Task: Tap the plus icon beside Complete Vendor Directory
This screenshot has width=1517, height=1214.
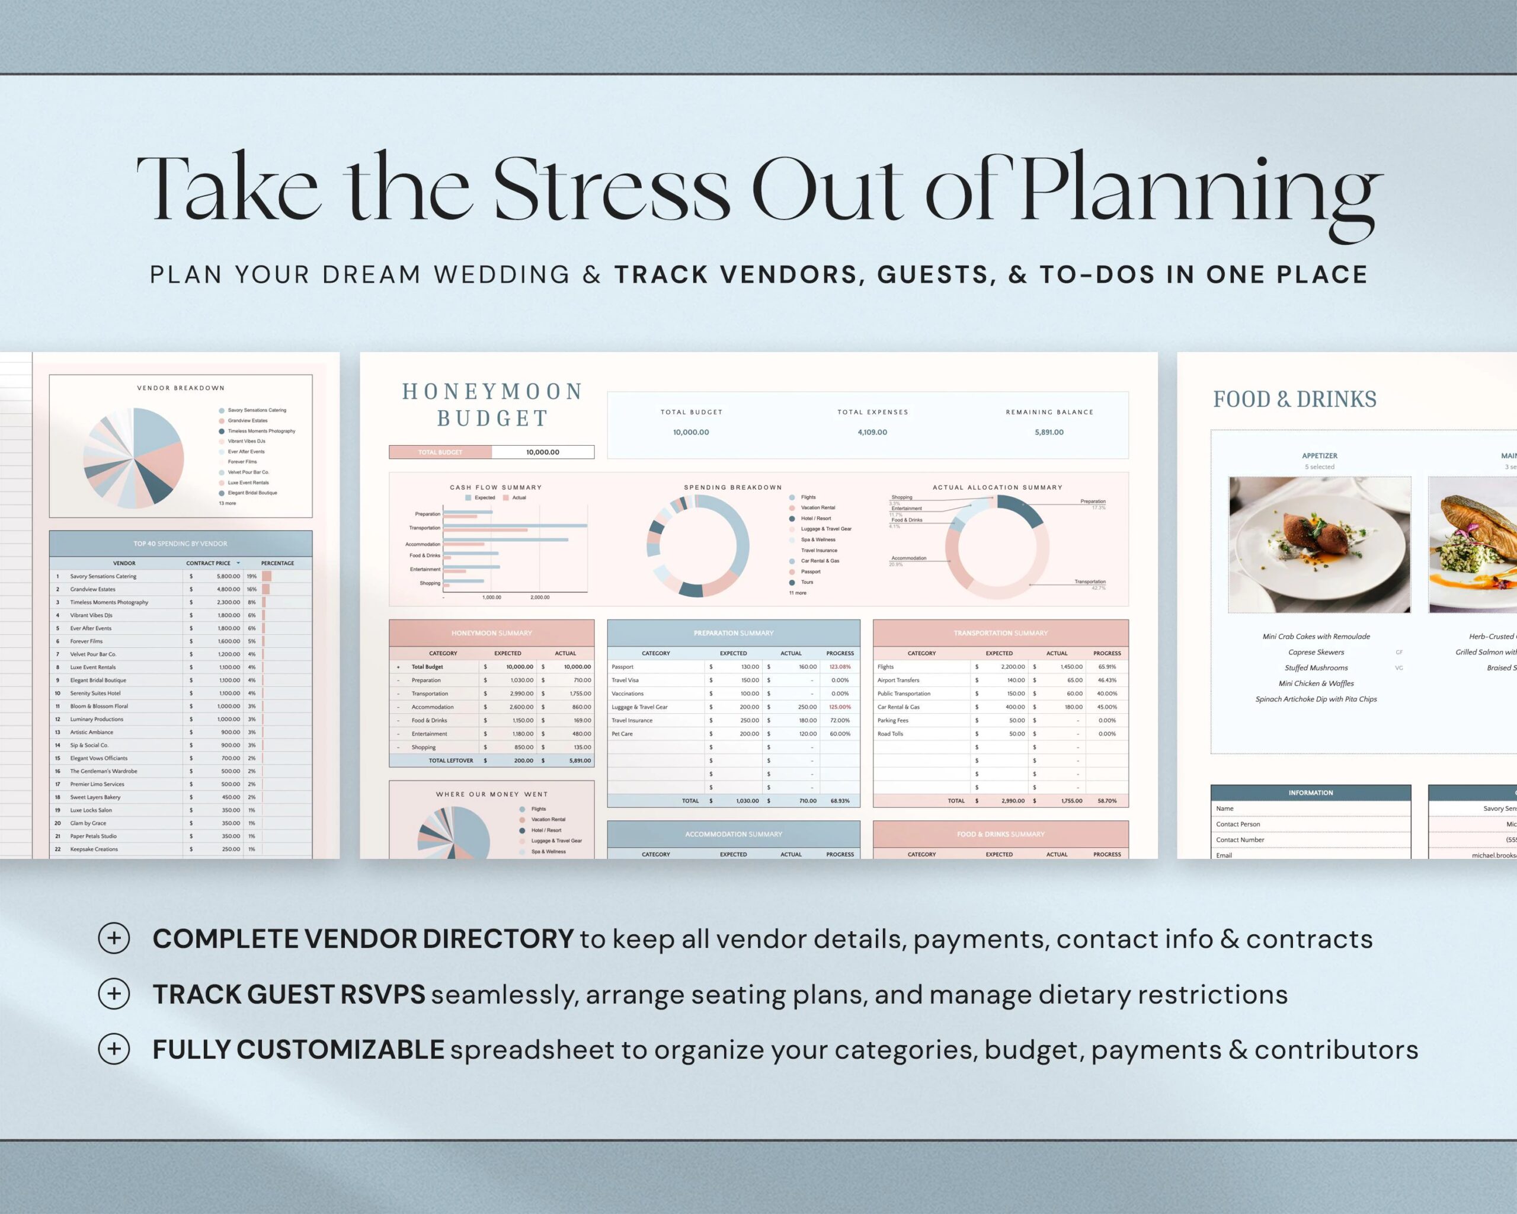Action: pyautogui.click(x=114, y=938)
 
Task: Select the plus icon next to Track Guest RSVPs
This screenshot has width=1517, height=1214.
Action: pyautogui.click(x=114, y=993)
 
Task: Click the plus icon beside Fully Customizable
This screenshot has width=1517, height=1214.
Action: pyautogui.click(x=114, y=1049)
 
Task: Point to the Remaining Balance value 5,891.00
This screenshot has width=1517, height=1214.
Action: pyautogui.click(x=1048, y=432)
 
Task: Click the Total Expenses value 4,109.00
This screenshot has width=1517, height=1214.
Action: pyautogui.click(x=872, y=432)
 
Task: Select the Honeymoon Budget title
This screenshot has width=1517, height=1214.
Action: pyautogui.click(x=492, y=405)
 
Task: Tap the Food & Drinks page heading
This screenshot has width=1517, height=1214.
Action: pyautogui.click(x=1294, y=399)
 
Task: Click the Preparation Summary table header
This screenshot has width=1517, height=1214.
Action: pyautogui.click(x=733, y=632)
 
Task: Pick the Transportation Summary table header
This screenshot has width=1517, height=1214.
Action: pyautogui.click(x=1000, y=632)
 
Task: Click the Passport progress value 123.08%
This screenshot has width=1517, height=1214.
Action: pyautogui.click(x=840, y=666)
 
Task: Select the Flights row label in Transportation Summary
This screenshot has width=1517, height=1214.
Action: pyautogui.click(x=885, y=666)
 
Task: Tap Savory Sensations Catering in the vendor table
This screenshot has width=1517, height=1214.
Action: pyautogui.click(x=104, y=576)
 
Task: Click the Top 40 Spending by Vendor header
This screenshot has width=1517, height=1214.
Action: pyautogui.click(x=180, y=544)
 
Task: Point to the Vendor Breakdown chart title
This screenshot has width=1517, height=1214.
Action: pyautogui.click(x=180, y=388)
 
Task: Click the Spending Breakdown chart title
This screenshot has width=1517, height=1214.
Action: pyautogui.click(x=732, y=487)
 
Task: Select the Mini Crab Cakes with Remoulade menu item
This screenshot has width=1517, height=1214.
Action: pyautogui.click(x=1316, y=636)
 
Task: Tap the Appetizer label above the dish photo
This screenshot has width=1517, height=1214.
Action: pyautogui.click(x=1319, y=456)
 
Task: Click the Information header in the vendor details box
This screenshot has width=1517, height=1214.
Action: pyautogui.click(x=1310, y=793)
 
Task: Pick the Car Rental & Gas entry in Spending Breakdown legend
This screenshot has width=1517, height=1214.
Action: pyautogui.click(x=820, y=561)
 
